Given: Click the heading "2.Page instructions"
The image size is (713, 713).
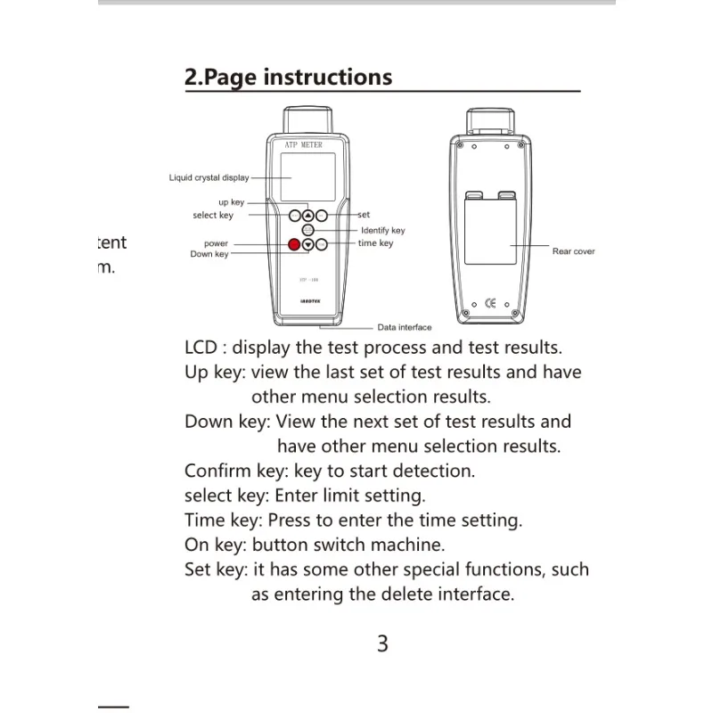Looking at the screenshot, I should (288, 77).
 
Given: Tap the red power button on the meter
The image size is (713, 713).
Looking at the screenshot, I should (294, 244).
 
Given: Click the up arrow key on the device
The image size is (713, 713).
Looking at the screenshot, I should (307, 215).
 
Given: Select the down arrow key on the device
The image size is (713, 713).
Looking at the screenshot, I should (307, 244).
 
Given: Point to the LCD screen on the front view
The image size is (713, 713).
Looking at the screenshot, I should (307, 176).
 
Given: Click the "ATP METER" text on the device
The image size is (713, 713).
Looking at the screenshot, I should (307, 144).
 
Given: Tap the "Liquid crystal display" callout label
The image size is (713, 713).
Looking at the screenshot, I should (209, 177).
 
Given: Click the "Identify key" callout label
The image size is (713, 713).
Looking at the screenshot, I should (382, 230).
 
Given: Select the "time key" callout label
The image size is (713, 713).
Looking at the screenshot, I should (375, 242).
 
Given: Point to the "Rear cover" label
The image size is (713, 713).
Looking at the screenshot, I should (573, 251).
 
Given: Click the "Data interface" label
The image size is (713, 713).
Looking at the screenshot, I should (405, 327).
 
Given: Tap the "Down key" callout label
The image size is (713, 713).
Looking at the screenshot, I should (209, 254).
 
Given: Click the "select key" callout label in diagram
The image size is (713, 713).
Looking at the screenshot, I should (213, 215).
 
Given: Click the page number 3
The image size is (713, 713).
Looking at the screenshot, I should (382, 643).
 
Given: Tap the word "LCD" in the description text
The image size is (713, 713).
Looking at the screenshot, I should (201, 347).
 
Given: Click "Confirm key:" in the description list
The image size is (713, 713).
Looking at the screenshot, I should (236, 470).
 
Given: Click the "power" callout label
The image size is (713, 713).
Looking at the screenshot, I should (216, 243).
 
